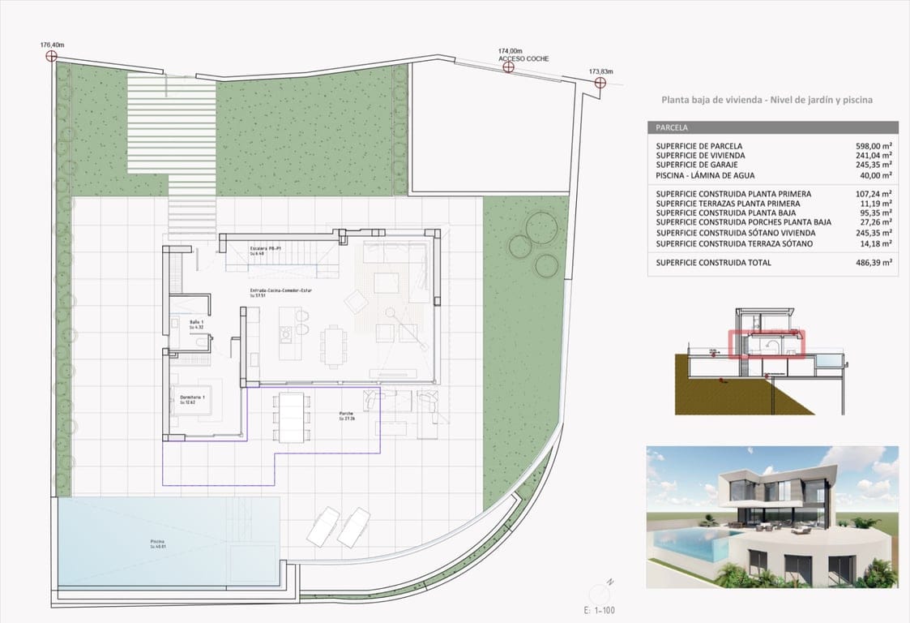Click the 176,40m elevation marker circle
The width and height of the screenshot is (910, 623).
click(x=52, y=56)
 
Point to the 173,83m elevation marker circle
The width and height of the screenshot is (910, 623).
click(x=600, y=81)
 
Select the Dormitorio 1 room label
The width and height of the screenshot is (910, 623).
click(x=191, y=397)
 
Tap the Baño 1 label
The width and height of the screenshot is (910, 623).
click(x=197, y=322)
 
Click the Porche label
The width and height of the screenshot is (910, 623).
click(x=347, y=414)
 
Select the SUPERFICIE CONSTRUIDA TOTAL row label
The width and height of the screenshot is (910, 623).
click(x=713, y=263)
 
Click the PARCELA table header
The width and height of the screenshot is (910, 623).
click(x=672, y=128)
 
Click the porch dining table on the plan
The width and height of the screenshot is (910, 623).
click(x=291, y=417)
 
